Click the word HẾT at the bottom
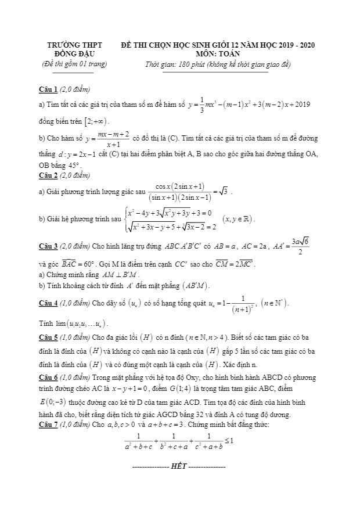[x=179, y=466]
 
